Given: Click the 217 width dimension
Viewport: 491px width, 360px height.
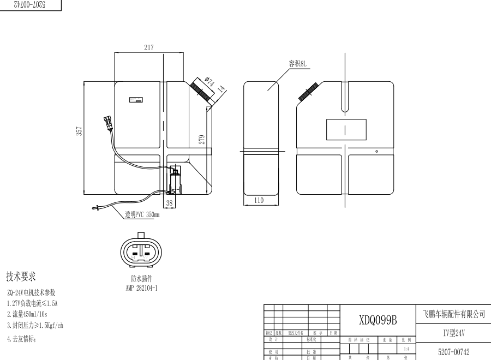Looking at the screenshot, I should pos(148,47).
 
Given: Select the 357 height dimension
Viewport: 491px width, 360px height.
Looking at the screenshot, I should pos(79,131).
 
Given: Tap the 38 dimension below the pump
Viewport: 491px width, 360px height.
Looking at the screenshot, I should pos(169,203).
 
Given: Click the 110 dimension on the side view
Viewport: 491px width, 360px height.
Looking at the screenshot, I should pos(259,200).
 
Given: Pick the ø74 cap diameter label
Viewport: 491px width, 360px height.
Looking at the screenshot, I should pos(208,82).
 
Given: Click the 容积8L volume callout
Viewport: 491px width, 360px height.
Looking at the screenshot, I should pos(298,63).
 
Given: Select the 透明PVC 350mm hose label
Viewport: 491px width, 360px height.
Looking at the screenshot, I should pos(142,214).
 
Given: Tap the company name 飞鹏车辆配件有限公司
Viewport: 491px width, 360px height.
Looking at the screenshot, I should pos(453,314).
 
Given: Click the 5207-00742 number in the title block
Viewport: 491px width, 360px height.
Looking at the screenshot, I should pos(453,352).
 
